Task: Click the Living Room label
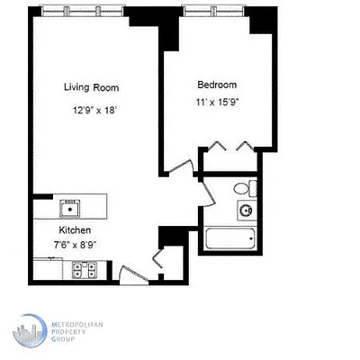pyautogui.click(x=91, y=87)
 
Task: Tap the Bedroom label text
pyautogui.click(x=217, y=85)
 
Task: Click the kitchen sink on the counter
pyautogui.click(x=69, y=207)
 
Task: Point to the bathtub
pyautogui.click(x=230, y=240)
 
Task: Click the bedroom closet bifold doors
pyautogui.click(x=229, y=146)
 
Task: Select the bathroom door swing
pyautogui.click(x=205, y=191)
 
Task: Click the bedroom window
pyautogui.click(x=214, y=10)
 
